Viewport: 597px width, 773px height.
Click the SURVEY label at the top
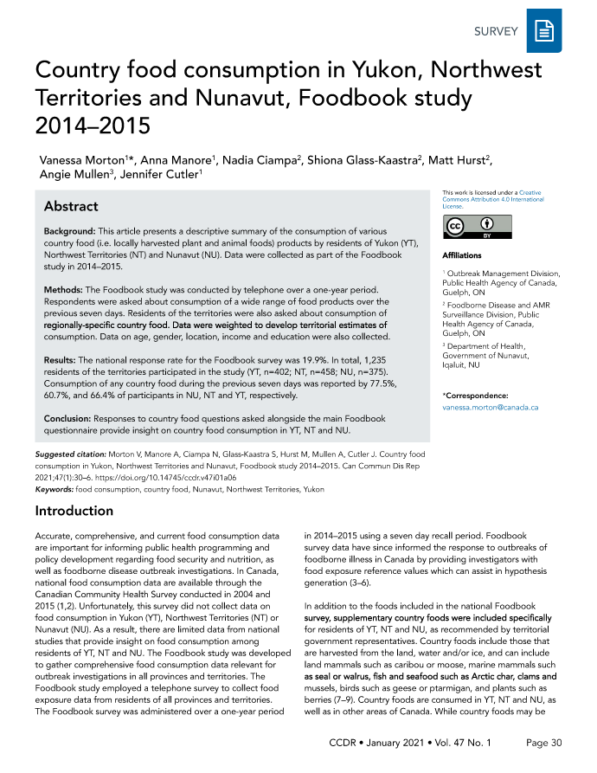(496, 32)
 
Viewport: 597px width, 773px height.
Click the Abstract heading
(71, 207)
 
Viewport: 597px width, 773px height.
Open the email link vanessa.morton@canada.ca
(491, 406)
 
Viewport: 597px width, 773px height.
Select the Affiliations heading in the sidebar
(462, 256)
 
